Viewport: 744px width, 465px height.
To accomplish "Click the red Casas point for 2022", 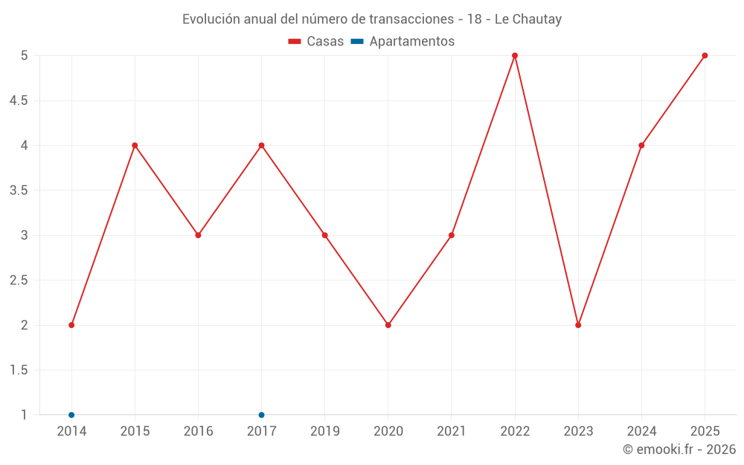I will coord(515,56).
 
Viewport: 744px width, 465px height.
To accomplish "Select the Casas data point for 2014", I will coord(71,325).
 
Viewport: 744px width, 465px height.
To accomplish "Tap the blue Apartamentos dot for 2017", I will coord(261,415).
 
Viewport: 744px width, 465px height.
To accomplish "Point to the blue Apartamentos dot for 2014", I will coord(71,415).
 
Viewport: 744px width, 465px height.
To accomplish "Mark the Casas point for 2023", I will coord(578,325).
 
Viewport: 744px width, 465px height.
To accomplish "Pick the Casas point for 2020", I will coord(388,325).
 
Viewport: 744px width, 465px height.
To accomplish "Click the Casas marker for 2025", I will coord(705,56).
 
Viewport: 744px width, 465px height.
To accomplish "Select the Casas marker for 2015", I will coord(135,145).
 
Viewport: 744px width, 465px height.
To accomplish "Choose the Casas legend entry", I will coord(316,42).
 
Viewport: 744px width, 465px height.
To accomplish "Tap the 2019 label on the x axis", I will coord(325,432).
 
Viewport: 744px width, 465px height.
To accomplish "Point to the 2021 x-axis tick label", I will coord(452,432).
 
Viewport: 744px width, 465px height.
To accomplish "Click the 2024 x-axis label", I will coord(641,432).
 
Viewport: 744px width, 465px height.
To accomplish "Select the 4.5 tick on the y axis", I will coord(19,100).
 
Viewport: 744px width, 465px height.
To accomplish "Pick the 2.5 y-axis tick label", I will coord(19,280).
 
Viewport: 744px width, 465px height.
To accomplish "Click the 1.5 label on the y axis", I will coord(19,371).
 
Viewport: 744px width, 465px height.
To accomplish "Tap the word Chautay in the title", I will coord(536,19).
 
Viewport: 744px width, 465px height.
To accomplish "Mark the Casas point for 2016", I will coord(198,235).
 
